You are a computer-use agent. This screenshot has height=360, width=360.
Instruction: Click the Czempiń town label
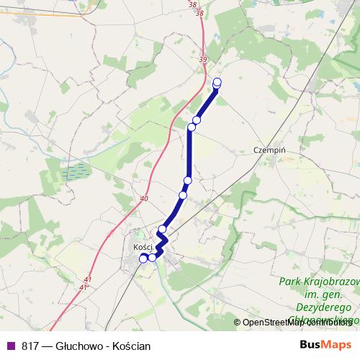click(x=271, y=150)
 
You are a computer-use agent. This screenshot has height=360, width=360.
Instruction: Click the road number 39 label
click(x=202, y=60)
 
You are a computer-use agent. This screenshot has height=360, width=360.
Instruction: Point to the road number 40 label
click(x=145, y=199)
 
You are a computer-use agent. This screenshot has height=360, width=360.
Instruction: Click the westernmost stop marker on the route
click(x=143, y=257)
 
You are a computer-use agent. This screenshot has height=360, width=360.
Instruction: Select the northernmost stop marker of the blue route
click(x=217, y=82)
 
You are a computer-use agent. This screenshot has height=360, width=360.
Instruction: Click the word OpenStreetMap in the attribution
click(x=274, y=323)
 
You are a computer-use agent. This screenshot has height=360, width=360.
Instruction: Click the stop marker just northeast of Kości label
click(x=163, y=230)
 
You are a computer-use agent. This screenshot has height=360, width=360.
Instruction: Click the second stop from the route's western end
click(x=152, y=257)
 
